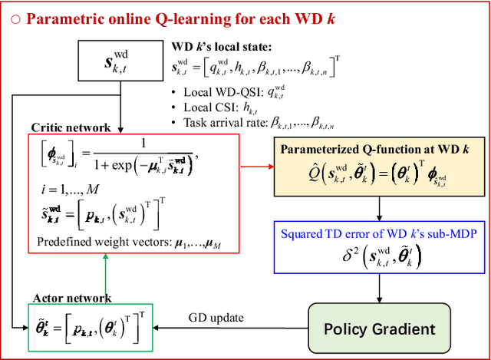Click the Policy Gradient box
point(378,329)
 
